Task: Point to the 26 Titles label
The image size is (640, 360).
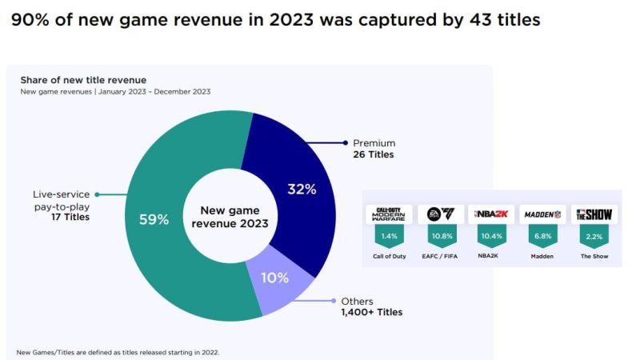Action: (374, 154)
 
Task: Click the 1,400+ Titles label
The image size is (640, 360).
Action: (371, 312)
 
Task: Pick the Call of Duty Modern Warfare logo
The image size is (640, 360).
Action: (389, 214)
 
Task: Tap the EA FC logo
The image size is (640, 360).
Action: (440, 214)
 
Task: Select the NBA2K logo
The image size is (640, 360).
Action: (490, 214)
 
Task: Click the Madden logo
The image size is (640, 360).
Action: (542, 214)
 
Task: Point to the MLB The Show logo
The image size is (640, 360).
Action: (594, 214)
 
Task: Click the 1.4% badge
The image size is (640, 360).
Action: (389, 236)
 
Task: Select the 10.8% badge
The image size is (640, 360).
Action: (440, 236)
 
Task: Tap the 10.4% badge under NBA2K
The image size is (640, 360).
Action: (490, 236)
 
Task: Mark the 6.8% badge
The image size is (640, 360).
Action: (542, 236)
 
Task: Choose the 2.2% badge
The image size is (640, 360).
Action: (594, 236)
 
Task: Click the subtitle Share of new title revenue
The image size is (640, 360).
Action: (82, 79)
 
